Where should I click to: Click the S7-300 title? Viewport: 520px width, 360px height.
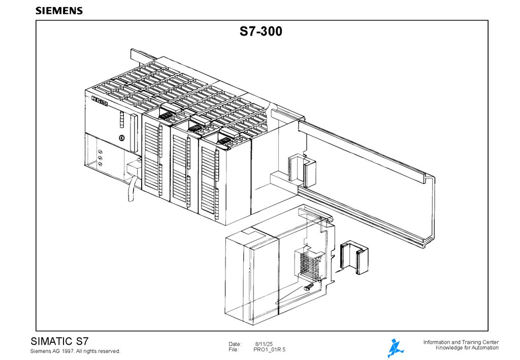[x=261, y=31]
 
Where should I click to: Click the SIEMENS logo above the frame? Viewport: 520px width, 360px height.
[x=59, y=11]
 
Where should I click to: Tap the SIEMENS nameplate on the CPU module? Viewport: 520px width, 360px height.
[x=100, y=101]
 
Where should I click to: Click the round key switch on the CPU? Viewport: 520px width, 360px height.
[x=122, y=138]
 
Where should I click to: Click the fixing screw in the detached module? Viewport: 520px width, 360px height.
[x=309, y=287]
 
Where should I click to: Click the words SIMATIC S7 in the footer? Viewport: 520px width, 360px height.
[x=60, y=341]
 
